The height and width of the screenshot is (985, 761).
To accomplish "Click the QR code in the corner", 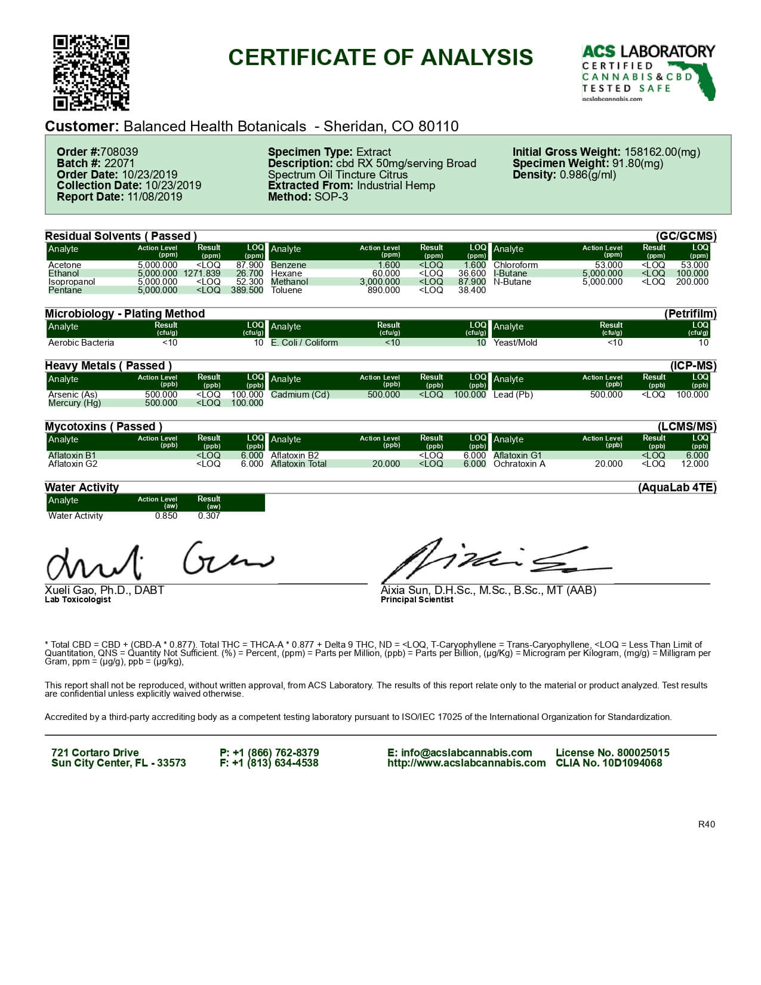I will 91,73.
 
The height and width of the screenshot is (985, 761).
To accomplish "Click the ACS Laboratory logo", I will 648,72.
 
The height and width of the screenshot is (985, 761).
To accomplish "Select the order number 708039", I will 119,152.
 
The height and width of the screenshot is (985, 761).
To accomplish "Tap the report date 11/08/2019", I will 155,197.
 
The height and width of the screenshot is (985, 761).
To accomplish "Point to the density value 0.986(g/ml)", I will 588,175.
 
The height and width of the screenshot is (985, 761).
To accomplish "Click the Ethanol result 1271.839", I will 202,273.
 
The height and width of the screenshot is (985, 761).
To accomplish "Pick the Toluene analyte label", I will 286,290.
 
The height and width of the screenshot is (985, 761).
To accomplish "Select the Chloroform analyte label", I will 516,265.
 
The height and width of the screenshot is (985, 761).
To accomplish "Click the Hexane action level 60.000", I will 386,273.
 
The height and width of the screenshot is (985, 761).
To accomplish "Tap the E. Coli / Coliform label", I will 304,343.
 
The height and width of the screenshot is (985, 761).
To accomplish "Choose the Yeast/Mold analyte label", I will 515,343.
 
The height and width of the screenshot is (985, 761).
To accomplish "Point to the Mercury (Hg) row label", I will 75,403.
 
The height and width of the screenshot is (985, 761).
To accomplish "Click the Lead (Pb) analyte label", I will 513,395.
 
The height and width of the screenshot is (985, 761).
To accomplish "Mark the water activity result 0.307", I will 209,516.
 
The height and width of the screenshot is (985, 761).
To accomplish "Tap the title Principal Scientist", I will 417,599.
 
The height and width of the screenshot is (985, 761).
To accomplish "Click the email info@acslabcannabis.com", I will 460,753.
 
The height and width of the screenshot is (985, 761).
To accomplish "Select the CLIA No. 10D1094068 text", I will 609,763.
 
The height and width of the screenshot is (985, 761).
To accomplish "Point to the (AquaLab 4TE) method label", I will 677,488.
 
